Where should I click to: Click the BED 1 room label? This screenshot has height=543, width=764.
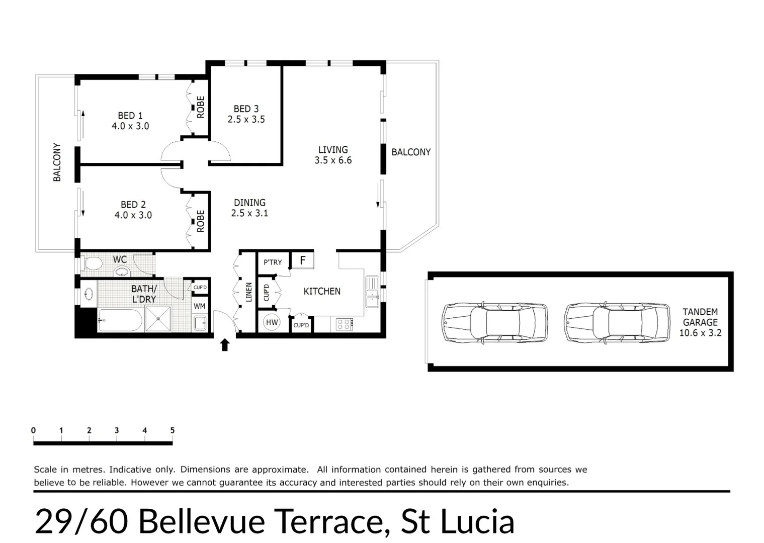(130, 116)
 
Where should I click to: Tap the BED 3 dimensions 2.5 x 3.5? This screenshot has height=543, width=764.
(246, 120)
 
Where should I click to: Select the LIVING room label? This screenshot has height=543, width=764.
(333, 150)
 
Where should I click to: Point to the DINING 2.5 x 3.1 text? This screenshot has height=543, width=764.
(249, 208)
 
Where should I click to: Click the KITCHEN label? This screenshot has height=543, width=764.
(322, 291)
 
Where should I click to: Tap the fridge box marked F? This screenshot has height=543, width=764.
(303, 260)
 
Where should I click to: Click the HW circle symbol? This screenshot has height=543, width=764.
(272, 322)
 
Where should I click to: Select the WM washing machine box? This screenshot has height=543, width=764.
(199, 306)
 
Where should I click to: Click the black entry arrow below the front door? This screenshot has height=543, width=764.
(225, 345)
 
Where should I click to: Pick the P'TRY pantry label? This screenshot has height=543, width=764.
(273, 262)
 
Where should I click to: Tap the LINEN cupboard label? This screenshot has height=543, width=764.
(248, 292)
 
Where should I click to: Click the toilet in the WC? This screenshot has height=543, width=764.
(92, 263)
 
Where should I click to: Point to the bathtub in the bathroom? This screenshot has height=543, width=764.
(120, 320)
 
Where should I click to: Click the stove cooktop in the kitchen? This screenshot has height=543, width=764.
(344, 324)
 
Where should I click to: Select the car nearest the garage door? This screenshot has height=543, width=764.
(494, 322)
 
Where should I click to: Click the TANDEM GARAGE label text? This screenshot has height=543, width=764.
(700, 317)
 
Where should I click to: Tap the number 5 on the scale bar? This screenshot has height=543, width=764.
(172, 430)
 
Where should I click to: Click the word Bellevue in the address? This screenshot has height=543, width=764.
(201, 521)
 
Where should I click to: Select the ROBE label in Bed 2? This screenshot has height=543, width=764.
(201, 221)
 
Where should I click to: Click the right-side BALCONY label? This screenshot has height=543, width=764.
(411, 152)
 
